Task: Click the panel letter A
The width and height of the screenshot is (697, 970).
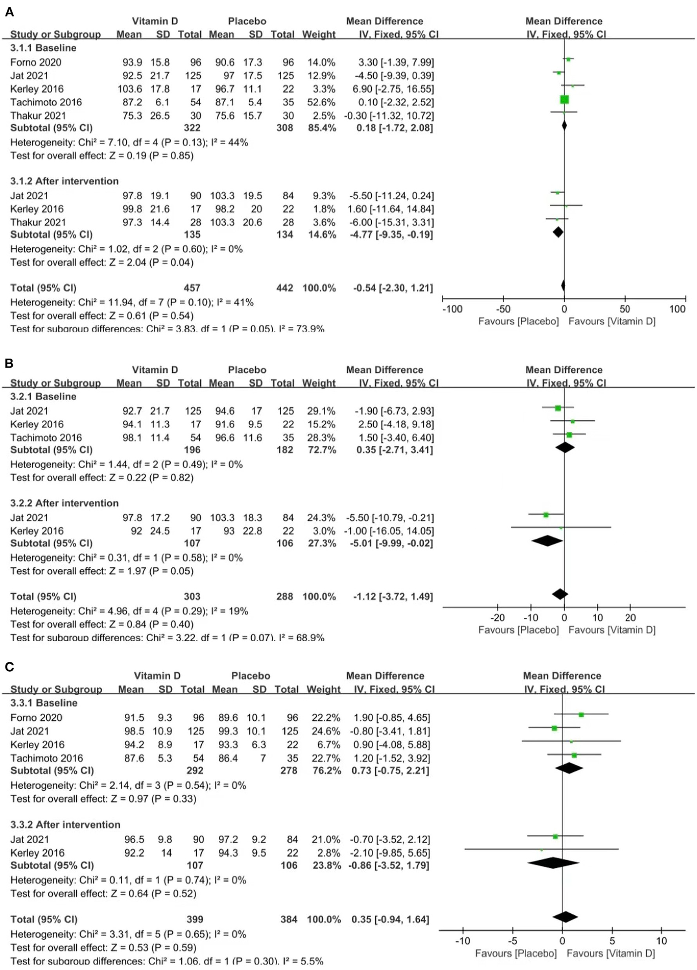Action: coord(9,12)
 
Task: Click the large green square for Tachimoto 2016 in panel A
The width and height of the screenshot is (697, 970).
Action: coord(564,99)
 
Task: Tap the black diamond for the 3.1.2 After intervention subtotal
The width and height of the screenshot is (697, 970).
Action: coord(558,232)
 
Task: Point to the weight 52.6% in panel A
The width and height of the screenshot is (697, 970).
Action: coord(321,102)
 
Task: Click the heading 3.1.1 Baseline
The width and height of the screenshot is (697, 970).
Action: coord(43,48)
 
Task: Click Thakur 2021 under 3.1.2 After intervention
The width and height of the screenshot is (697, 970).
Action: coord(38,223)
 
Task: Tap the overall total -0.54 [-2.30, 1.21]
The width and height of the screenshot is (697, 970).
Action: coord(393,288)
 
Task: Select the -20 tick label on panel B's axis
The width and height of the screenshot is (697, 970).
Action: coord(497,618)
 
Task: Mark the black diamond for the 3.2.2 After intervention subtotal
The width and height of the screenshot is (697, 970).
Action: coord(547,541)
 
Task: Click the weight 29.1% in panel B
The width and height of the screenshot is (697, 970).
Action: coord(321,411)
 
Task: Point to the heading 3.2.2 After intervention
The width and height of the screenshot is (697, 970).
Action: coord(64,503)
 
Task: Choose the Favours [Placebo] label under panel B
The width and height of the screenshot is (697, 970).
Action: coord(518,630)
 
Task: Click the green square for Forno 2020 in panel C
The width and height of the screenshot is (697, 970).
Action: coord(581,715)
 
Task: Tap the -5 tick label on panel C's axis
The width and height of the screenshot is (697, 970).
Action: coord(512,941)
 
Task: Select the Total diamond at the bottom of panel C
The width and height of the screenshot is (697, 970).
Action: coord(565,917)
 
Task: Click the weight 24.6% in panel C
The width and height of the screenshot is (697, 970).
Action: coord(323,731)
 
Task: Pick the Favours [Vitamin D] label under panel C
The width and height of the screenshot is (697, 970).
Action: coord(610,953)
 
